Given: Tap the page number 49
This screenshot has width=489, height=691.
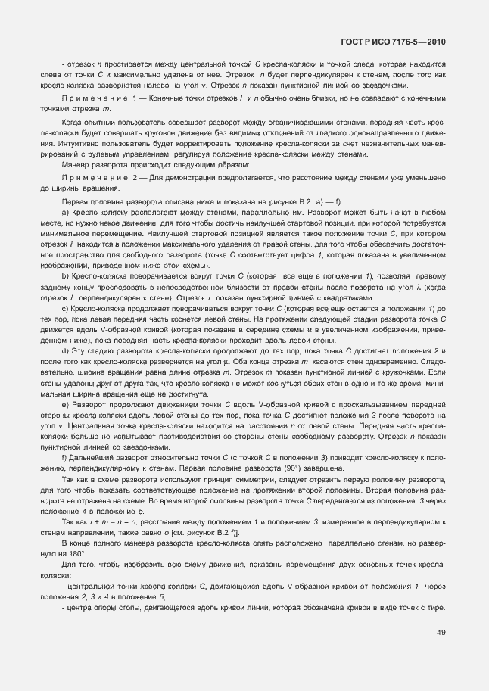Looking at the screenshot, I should point(441,632).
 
